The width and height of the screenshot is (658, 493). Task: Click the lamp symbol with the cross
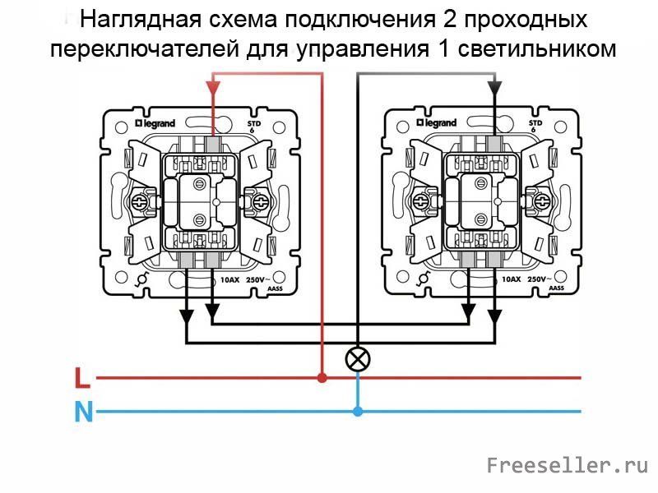(358, 358)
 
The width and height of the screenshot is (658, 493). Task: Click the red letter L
(81, 378)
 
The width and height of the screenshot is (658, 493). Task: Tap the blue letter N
(82, 410)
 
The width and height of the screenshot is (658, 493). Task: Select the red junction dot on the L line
(322, 378)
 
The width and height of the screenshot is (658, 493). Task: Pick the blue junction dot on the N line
(358, 410)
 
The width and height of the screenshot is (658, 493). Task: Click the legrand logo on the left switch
(155, 122)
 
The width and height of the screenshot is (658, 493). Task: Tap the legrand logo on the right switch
(436, 122)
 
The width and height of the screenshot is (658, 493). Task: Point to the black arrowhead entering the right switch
(493, 87)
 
